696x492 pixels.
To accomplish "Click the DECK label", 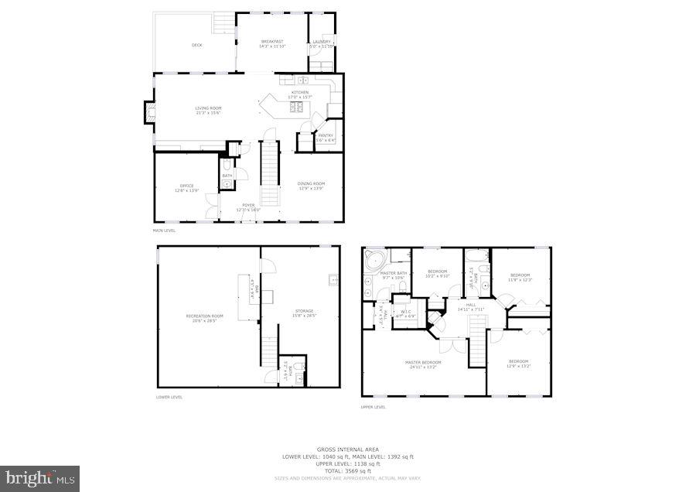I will (197, 46).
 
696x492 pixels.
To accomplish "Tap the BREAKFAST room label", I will (272, 42).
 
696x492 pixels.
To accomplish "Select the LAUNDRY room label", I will (321, 42).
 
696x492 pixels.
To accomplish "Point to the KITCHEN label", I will (299, 93).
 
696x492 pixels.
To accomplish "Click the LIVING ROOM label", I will (208, 108).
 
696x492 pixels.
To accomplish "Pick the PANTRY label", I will (326, 136).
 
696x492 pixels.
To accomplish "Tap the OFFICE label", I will (186, 186).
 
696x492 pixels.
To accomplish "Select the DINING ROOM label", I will (311, 184).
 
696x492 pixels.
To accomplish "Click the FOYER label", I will (248, 206).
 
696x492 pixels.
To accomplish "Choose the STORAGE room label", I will (303, 312).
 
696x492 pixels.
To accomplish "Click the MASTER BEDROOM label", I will (424, 362).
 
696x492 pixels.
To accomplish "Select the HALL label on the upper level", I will (470, 306).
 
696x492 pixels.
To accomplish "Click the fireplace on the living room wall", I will (146, 113).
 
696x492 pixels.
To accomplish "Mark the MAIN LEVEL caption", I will (164, 231).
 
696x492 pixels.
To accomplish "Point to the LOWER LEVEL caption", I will (169, 397).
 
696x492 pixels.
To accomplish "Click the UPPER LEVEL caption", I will (374, 406).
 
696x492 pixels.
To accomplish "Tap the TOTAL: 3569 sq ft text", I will (348, 470).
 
